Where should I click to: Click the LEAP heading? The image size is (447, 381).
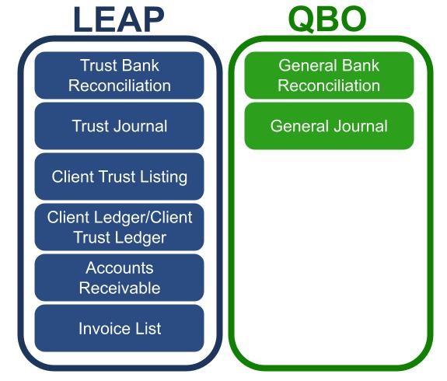(x=119, y=19)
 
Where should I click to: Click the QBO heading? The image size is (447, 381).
(x=327, y=19)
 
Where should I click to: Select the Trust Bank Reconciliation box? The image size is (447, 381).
(x=119, y=75)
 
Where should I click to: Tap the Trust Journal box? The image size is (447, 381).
(x=119, y=126)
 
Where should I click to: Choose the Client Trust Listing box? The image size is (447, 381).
(x=119, y=177)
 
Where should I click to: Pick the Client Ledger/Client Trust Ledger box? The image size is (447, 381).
(x=119, y=227)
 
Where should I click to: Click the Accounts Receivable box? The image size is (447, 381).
(x=119, y=278)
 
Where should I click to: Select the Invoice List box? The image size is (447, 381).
(x=119, y=328)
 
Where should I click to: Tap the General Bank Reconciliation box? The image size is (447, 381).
(x=329, y=75)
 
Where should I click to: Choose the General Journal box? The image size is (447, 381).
(x=329, y=126)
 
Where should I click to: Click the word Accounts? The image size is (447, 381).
(x=120, y=267)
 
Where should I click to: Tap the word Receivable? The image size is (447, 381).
(x=120, y=288)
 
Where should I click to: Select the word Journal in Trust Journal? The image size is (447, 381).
(x=140, y=126)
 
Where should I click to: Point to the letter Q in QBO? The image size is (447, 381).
(x=302, y=19)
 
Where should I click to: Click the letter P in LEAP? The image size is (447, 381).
(x=153, y=19)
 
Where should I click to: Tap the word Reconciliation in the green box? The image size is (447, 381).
(x=329, y=86)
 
